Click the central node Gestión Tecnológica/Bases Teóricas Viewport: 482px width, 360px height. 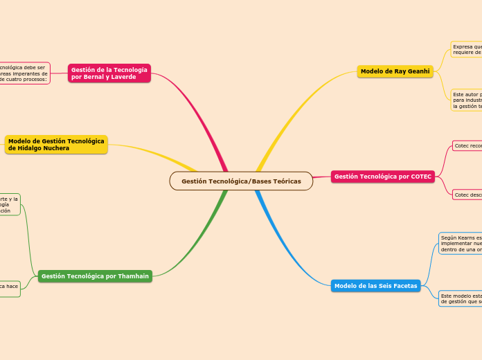(241, 181)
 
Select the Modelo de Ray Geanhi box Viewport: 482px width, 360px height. (395, 71)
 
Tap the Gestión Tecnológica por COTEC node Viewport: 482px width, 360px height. (383, 177)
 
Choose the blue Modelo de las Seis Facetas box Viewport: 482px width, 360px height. (375, 286)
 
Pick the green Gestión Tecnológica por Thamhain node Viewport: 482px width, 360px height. (95, 276)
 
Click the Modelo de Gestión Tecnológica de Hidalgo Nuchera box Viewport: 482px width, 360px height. (56, 144)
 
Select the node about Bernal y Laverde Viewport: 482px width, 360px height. (109, 73)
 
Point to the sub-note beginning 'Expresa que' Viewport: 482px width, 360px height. (466, 49)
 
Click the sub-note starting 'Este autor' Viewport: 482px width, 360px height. (466, 100)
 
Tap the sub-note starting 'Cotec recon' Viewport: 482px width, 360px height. (467, 146)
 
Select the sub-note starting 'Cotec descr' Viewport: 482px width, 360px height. (467, 195)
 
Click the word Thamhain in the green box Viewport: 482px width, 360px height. (132, 276)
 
